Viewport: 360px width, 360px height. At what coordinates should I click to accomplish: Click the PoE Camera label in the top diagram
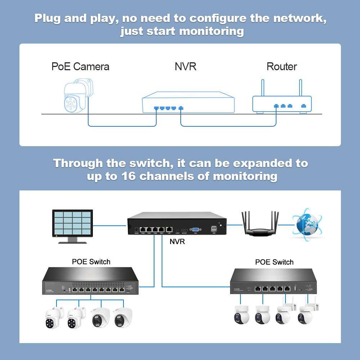tap(80, 67)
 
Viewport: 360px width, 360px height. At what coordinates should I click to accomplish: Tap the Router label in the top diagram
tap(282, 67)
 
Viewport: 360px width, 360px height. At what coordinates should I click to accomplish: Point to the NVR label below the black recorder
tap(177, 242)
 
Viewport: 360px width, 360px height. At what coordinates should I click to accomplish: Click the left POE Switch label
tap(91, 262)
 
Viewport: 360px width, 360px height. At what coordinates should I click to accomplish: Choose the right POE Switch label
tap(274, 262)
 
